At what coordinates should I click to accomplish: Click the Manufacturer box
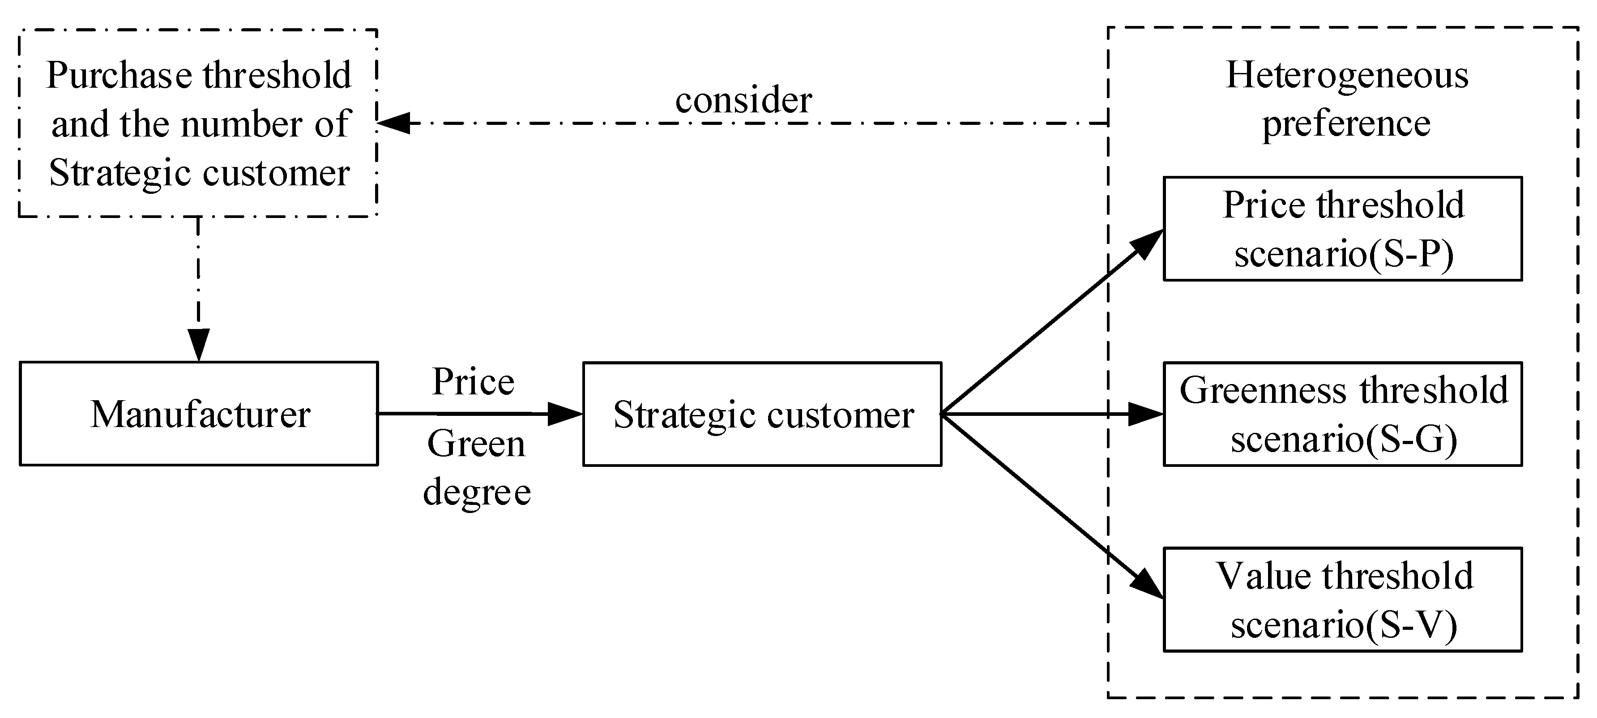pos(199,414)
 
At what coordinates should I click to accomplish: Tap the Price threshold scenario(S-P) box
pos(1342,229)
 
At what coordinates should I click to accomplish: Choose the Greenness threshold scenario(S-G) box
pos(1342,414)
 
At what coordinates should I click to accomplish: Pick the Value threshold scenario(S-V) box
pos(1342,599)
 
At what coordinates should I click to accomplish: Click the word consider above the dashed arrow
pos(743,100)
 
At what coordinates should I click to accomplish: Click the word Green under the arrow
pos(476,444)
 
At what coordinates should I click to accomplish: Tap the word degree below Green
pos(477,493)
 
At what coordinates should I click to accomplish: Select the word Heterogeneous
pos(1346,76)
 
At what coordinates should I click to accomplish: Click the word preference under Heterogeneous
pos(1346,124)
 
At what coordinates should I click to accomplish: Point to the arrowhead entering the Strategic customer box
pos(565,414)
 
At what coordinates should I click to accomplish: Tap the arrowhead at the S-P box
pos(1148,242)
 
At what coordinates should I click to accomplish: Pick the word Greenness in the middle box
pos(1262,391)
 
